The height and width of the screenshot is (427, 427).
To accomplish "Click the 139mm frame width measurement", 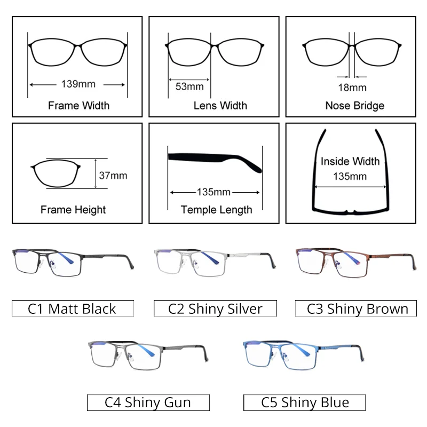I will [x=78, y=84].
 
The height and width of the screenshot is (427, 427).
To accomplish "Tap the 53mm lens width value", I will [x=189, y=86].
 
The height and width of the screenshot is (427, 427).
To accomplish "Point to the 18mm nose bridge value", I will [x=352, y=88].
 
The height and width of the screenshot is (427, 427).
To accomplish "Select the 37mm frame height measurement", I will [x=113, y=175].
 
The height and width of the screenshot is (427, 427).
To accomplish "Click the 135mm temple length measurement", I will [x=214, y=192].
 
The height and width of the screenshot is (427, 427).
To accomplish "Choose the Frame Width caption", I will [x=78, y=105].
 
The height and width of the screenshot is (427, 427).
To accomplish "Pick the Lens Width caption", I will [x=220, y=106].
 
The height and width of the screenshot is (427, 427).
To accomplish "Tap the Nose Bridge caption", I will [x=354, y=106].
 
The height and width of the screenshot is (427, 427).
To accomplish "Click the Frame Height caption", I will [x=73, y=209].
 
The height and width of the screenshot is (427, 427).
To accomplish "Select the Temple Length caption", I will [x=216, y=209].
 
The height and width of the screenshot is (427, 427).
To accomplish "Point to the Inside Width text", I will [x=350, y=161].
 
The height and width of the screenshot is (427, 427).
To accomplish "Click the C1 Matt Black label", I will [x=73, y=309].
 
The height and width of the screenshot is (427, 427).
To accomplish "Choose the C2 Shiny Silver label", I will [x=215, y=309].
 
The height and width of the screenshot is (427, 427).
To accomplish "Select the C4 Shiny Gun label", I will [x=148, y=402].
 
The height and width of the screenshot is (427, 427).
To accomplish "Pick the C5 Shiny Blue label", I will [x=305, y=402].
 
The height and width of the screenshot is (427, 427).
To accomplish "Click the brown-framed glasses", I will [x=355, y=262].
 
